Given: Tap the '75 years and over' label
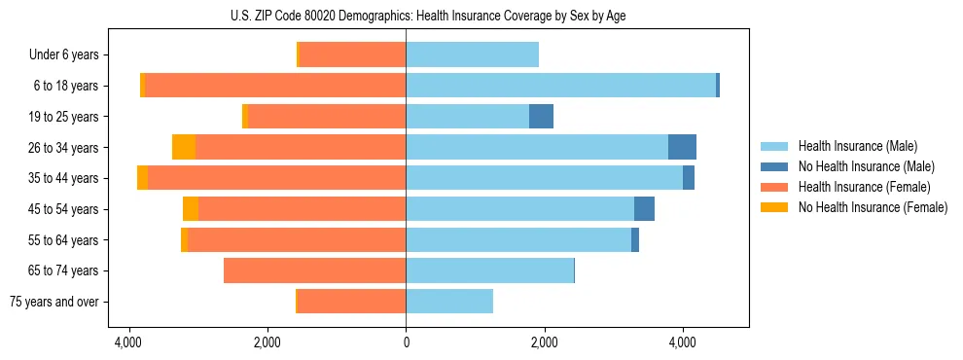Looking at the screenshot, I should pos(53,302).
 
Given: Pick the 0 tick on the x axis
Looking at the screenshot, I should pos(406,342).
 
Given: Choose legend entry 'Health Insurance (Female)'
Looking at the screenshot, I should pos(857,187).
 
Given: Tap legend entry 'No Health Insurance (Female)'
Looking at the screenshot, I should pos(865,207).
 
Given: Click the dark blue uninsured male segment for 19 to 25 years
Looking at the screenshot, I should pos(541,117).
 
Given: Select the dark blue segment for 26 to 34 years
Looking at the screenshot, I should pos(682,148).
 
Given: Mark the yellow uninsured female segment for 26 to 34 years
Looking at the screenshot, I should pos(184,148).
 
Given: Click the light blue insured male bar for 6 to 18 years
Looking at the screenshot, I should pos(560,86).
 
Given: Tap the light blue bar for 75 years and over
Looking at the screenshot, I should pos(449,302).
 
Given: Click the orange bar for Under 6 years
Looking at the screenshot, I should pos(353,55).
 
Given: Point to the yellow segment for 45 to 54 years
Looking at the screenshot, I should pos(191,209).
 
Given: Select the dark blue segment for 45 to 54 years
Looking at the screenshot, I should pos(644,209).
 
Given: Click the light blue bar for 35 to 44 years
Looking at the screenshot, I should pos(544,178).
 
